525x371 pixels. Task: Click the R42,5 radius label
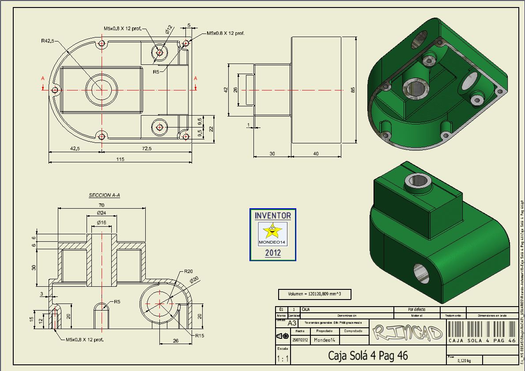click(x=47, y=41)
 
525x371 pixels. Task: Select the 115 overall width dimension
click(x=120, y=159)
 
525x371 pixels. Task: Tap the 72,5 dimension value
click(x=147, y=148)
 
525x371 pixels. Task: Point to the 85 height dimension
click(x=353, y=90)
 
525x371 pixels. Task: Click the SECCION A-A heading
click(x=104, y=195)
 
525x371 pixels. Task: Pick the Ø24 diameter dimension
click(x=102, y=213)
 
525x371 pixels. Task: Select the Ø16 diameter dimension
click(x=102, y=222)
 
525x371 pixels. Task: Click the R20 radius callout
click(x=189, y=271)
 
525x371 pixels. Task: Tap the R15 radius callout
click(x=199, y=335)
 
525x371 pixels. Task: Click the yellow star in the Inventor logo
click(x=272, y=230)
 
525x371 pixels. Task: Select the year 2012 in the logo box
click(x=272, y=253)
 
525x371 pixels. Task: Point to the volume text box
click(x=314, y=294)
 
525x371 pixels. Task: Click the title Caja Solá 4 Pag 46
click(x=368, y=355)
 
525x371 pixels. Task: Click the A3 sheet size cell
click(x=292, y=323)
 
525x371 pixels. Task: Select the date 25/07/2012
click(x=300, y=340)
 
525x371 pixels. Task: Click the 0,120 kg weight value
click(x=465, y=360)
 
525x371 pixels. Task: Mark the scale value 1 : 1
click(x=283, y=359)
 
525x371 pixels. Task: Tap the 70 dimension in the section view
click(x=102, y=205)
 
